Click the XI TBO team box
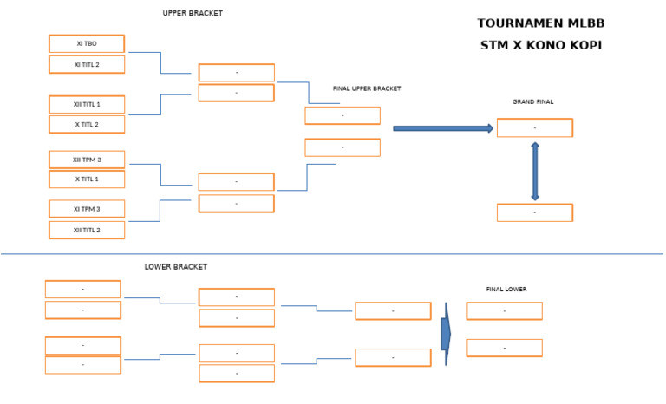click(x=87, y=43)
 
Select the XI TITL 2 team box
click(x=87, y=64)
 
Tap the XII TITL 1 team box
click(x=87, y=104)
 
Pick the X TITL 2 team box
click(x=87, y=124)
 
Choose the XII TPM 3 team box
click(x=87, y=160)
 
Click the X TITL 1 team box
click(x=87, y=179)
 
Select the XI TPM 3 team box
click(x=87, y=209)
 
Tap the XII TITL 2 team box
click(x=87, y=230)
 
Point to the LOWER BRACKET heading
click(x=176, y=267)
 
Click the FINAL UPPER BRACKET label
click(x=367, y=88)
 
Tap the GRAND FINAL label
click(x=532, y=102)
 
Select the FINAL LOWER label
click(x=506, y=289)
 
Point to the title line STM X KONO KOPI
click(x=540, y=45)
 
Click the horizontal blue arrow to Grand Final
click(x=443, y=128)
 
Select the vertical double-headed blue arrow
click(x=535, y=171)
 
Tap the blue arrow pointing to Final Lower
click(x=446, y=334)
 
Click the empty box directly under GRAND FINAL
click(x=534, y=128)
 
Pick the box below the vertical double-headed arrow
click(x=534, y=212)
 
